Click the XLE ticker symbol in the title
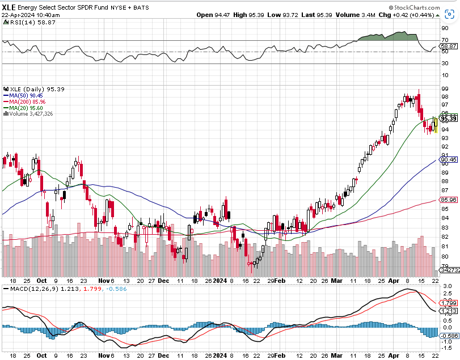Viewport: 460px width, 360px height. tap(9, 7)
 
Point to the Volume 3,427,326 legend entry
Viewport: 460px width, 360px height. tap(29, 113)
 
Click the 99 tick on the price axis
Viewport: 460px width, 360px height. tap(445, 88)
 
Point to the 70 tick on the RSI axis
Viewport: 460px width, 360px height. tap(445, 40)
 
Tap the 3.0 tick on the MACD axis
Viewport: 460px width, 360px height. tap(447, 285)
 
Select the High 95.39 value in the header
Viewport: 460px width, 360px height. tap(248, 15)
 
